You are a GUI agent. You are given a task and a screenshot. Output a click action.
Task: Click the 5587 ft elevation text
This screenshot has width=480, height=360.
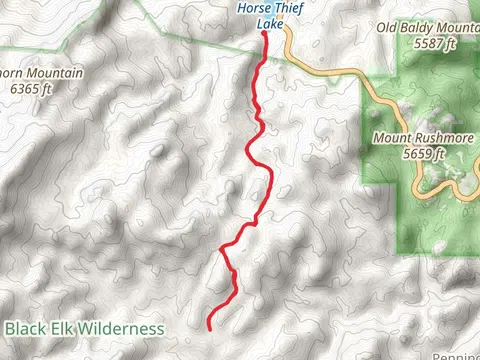pos(433,43)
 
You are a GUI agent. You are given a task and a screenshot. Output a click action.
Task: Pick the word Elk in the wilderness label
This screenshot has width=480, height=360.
pos(65,328)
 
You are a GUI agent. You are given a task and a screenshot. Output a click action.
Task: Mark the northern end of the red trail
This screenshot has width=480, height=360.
pos(265,34)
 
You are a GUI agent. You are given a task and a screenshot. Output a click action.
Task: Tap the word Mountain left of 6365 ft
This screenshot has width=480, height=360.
pos(48,73)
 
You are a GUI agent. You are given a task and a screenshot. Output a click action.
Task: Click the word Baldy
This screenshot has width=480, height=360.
pos(424,28)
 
